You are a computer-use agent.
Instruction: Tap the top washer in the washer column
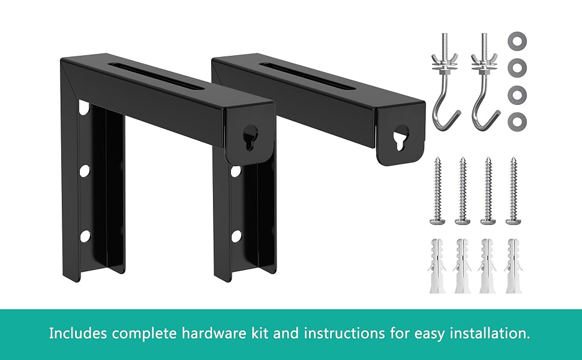(x=517, y=40)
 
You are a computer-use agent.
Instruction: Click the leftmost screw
(x=437, y=191)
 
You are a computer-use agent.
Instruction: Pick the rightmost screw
(x=514, y=191)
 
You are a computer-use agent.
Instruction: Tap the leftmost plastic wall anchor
(x=437, y=266)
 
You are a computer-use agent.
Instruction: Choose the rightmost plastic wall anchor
(x=514, y=266)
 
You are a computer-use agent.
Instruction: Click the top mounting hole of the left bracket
(x=84, y=107)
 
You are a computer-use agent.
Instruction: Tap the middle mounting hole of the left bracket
(x=84, y=171)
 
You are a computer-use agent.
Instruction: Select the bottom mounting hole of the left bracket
(x=85, y=236)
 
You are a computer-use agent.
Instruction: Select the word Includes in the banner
(x=79, y=333)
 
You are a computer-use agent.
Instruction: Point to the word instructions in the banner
(x=344, y=333)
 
